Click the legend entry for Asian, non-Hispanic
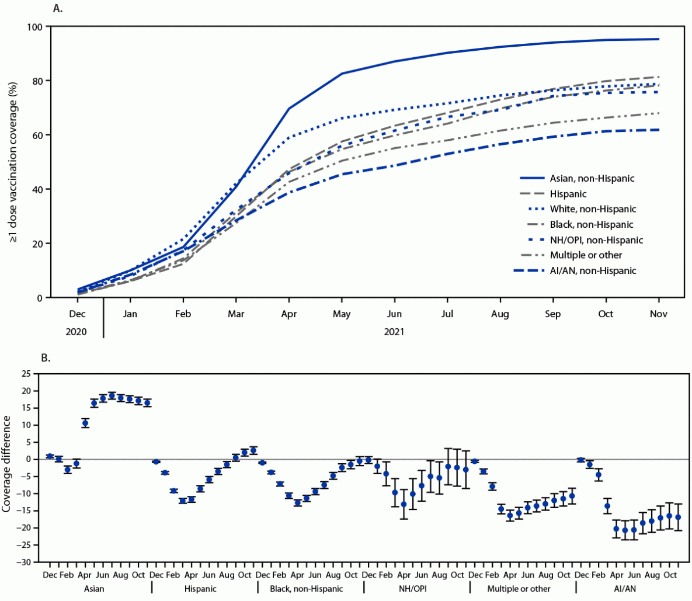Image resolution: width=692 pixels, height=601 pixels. click(592, 178)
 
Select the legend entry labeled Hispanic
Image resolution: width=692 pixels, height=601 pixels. click(568, 193)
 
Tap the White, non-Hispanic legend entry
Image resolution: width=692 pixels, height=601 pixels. click(593, 209)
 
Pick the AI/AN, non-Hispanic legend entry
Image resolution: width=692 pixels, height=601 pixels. click(593, 270)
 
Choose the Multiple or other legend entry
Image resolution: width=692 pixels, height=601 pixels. click(586, 255)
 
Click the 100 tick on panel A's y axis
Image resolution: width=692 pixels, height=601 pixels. click(34, 27)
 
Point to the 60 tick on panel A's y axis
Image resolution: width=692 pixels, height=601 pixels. click(37, 135)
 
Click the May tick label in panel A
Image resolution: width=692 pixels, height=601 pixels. click(342, 314)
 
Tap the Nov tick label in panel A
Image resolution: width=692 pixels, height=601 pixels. click(659, 314)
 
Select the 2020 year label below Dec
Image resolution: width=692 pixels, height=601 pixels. click(76, 332)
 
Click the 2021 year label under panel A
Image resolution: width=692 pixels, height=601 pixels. click(394, 332)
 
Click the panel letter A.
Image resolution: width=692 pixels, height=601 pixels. click(57, 8)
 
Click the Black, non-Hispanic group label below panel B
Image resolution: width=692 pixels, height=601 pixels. click(306, 589)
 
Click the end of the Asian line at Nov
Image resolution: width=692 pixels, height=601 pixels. click(659, 39)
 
